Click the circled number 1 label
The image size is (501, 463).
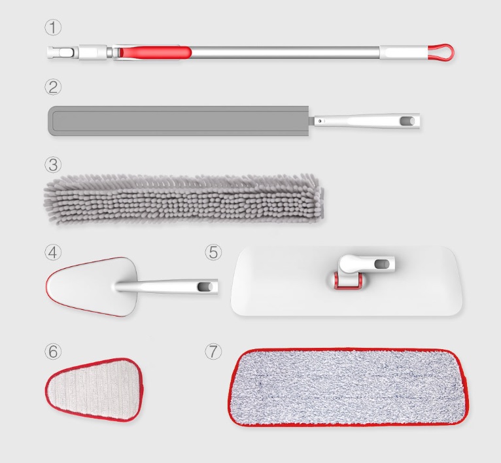[52, 27]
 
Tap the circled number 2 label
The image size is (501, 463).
[52, 86]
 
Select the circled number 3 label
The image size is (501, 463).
[52, 163]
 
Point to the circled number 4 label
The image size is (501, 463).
[52, 252]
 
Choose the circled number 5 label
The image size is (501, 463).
[213, 252]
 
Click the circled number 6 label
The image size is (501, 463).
[52, 351]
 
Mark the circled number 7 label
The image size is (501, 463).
[213, 351]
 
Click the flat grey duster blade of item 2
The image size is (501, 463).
[177, 121]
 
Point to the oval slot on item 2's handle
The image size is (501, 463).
[406, 121]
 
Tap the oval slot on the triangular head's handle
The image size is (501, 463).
[206, 286]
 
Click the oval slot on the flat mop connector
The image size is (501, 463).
[382, 264]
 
